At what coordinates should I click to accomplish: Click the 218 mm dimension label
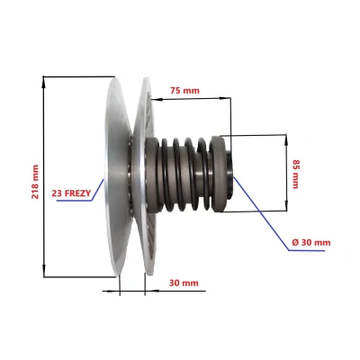click(35, 182)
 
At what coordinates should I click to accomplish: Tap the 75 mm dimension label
click(184, 90)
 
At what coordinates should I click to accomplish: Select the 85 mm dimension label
click(296, 174)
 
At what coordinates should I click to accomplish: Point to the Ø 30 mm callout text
click(311, 242)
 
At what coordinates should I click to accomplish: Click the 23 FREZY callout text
click(71, 193)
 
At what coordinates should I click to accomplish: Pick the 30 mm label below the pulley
click(184, 283)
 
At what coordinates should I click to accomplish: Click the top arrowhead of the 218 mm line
click(44, 81)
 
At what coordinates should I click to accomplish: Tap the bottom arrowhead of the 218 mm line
click(44, 271)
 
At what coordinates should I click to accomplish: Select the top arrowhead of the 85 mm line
click(286, 139)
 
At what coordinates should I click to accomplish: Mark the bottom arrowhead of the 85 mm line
click(287, 205)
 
